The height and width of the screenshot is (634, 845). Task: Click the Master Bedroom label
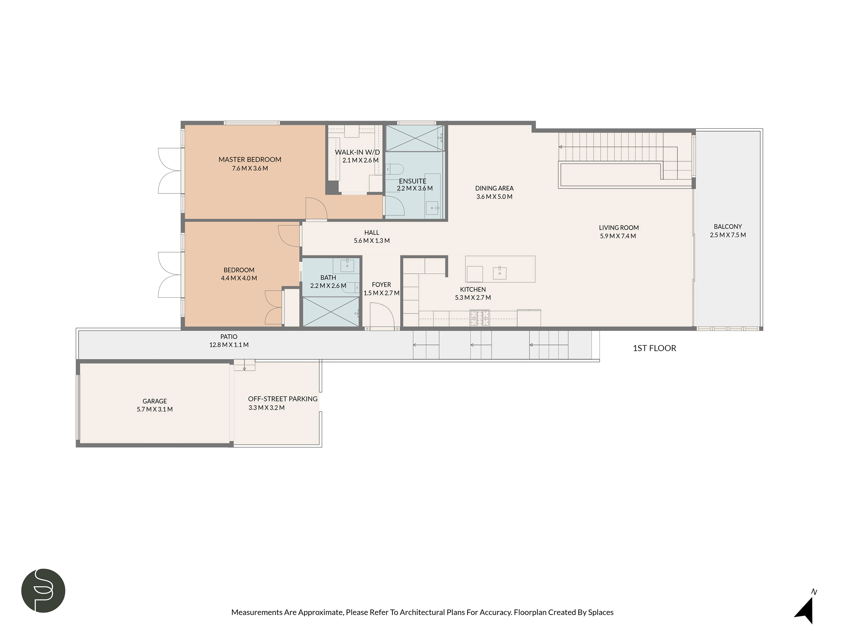click(250, 159)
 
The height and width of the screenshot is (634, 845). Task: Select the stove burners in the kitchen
click(479, 318)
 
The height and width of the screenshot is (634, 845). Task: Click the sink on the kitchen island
click(499, 273)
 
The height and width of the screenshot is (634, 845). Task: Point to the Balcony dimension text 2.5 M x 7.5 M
click(728, 235)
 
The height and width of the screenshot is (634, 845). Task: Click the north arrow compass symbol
click(805, 610)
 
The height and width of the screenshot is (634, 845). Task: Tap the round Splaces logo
click(43, 590)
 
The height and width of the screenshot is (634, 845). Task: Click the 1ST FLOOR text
click(654, 348)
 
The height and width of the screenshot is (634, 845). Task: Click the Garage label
click(155, 401)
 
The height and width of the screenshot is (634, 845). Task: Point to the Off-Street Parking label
click(283, 399)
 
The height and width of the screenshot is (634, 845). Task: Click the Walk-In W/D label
click(357, 152)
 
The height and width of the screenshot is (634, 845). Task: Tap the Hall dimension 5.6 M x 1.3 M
click(372, 241)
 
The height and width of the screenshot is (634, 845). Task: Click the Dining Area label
click(494, 188)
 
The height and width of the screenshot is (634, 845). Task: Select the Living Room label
click(619, 227)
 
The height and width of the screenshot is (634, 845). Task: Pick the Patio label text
click(229, 337)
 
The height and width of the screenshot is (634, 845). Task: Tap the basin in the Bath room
click(347, 265)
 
